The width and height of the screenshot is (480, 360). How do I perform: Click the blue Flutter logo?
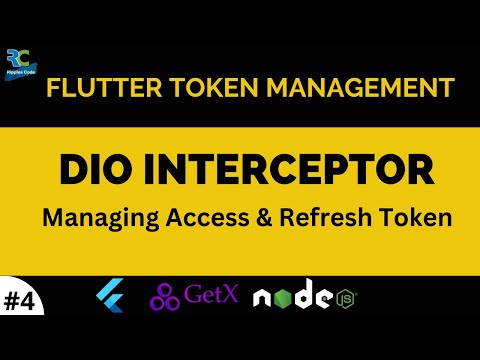[x=109, y=296]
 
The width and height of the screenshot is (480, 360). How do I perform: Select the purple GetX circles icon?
[x=165, y=297]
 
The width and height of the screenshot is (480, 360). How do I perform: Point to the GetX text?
[x=212, y=297]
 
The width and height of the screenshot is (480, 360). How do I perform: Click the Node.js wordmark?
[x=296, y=297]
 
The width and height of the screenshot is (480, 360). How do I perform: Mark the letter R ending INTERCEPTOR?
[x=420, y=169]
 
